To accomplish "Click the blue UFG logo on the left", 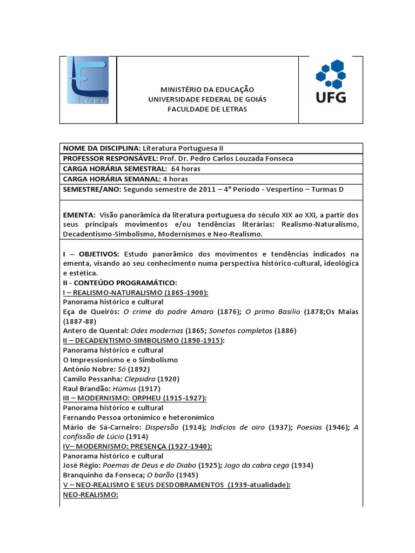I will (88, 80).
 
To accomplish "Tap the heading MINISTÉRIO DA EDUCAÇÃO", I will (207, 89).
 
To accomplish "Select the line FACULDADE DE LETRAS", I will (207, 109).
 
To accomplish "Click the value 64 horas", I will (186, 168).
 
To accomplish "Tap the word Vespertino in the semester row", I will (296, 189).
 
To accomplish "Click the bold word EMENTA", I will (79, 214).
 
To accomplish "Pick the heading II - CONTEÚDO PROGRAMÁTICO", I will (119, 282).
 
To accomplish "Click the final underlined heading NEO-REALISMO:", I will (91, 495).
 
